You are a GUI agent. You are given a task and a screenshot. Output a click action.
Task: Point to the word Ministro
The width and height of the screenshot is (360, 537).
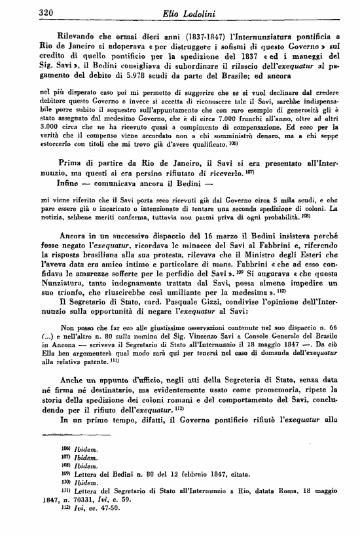coord(257,252)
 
